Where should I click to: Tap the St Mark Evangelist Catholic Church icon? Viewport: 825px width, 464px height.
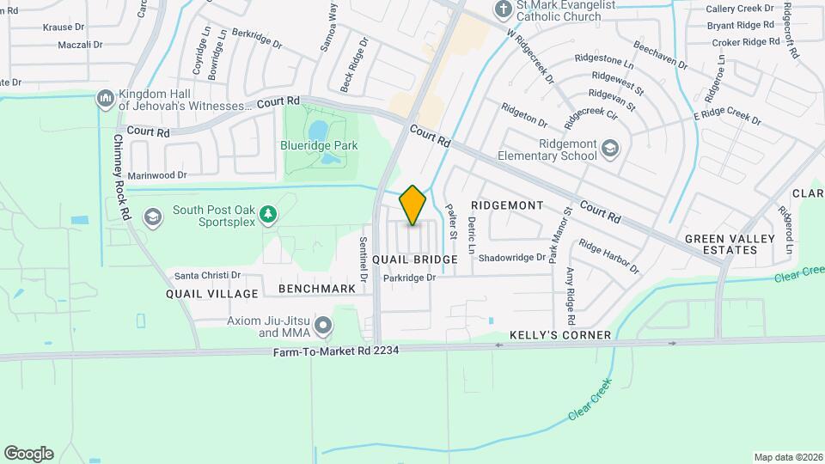click(x=501, y=9)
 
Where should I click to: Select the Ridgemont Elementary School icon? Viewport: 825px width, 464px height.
click(x=609, y=150)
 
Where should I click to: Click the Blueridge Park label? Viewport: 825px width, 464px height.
click(x=321, y=146)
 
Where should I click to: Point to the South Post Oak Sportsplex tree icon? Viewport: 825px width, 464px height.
click(x=268, y=214)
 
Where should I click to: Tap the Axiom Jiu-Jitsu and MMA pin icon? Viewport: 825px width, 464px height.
click(x=323, y=326)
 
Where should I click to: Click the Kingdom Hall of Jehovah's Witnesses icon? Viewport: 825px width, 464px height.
click(x=106, y=99)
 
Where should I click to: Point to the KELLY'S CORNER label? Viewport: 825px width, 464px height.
click(x=559, y=334)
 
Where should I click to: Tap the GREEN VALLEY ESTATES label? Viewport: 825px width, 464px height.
click(x=721, y=244)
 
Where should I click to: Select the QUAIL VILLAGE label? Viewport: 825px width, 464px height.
click(x=212, y=294)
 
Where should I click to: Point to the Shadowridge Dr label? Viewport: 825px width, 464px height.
click(x=512, y=257)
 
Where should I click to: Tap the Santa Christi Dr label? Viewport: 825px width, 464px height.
click(x=207, y=275)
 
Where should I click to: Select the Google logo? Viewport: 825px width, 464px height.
click(x=28, y=454)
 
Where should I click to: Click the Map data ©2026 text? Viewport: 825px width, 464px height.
click(x=787, y=457)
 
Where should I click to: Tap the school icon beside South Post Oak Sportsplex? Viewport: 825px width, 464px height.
click(x=153, y=216)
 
